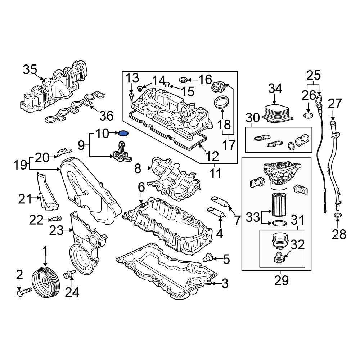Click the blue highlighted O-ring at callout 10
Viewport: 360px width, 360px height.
[123, 134]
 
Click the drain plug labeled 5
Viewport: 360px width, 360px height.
[207, 258]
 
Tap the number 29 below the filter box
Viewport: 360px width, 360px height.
[281, 280]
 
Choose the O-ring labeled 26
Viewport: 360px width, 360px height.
[308, 116]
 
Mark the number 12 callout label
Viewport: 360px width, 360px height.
[213, 156]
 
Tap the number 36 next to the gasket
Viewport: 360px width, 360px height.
[106, 116]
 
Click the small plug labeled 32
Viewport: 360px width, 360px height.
[278, 258]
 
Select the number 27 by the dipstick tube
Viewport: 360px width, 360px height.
[335, 104]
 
